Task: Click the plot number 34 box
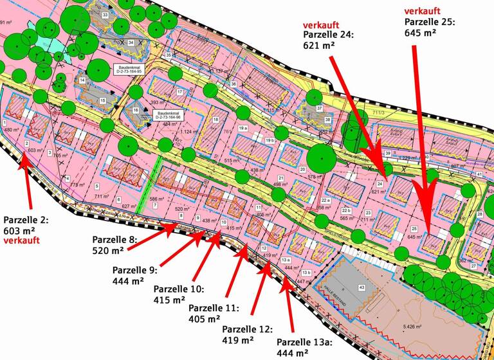point(131,42)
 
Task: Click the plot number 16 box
point(136,110)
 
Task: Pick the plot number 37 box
point(319,109)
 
